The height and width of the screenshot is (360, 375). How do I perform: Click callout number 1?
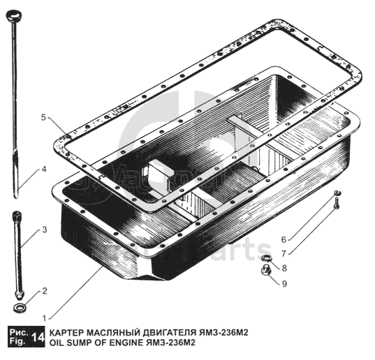point(44,318)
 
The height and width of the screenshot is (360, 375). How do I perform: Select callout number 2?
point(45,291)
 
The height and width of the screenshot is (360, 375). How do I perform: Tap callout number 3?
point(45,230)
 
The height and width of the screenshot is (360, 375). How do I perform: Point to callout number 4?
point(44,170)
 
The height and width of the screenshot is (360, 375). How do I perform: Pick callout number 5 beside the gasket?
point(43,117)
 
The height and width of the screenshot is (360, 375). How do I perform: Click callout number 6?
point(284,239)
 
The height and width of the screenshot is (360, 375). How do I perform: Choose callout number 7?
point(284,253)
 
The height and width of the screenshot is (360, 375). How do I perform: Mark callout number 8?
point(284,268)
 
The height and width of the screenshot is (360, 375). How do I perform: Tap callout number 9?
point(284,283)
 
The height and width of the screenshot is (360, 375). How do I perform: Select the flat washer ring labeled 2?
point(20,308)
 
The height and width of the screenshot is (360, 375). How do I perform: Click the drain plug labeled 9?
point(265,270)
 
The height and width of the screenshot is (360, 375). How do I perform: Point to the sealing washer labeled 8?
point(266,258)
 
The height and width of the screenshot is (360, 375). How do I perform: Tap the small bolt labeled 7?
point(337,203)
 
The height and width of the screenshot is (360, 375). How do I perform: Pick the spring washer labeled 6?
point(338,193)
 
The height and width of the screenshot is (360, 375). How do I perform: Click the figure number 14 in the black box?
point(38,338)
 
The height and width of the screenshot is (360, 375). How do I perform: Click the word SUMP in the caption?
point(76,343)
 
